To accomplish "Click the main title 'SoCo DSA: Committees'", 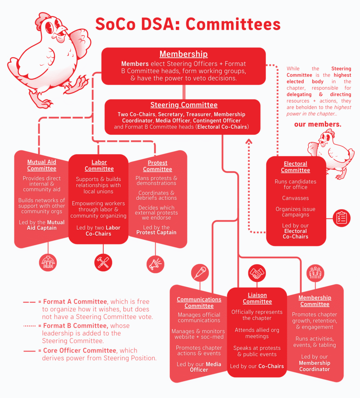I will point(188,24).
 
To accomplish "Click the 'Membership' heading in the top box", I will point(183,54).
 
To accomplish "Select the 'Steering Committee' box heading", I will point(184,105).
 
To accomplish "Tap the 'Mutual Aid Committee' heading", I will point(42,165).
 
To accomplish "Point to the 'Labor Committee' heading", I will point(99,166).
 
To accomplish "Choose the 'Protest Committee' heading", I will point(157,166).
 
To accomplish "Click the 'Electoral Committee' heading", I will point(295,167).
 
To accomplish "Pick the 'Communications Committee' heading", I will point(199,302).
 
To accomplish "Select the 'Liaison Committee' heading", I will point(257,298).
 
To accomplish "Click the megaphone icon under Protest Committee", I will point(156,264).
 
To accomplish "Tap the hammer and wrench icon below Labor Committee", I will point(103,263).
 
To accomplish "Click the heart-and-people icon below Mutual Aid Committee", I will point(48,262).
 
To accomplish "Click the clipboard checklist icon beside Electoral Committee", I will point(342,218).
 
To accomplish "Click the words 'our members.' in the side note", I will point(318,124).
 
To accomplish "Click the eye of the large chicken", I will point(49,27).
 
